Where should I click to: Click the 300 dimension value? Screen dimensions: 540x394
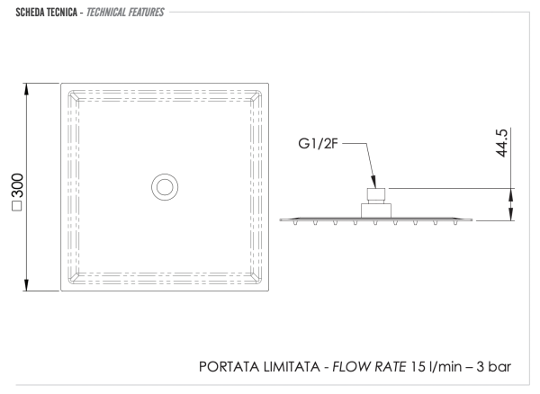(18, 186)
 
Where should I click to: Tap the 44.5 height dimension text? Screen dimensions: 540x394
(502, 143)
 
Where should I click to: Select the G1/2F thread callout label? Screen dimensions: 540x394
(318, 144)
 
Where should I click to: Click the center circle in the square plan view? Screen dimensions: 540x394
(165, 187)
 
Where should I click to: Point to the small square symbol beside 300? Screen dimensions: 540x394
(17, 205)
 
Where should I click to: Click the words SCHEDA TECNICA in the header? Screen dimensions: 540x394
(47, 13)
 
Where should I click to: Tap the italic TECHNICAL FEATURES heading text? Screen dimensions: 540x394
(125, 13)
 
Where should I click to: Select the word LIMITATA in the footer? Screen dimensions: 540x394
(292, 367)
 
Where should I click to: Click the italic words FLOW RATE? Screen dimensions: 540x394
(369, 367)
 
